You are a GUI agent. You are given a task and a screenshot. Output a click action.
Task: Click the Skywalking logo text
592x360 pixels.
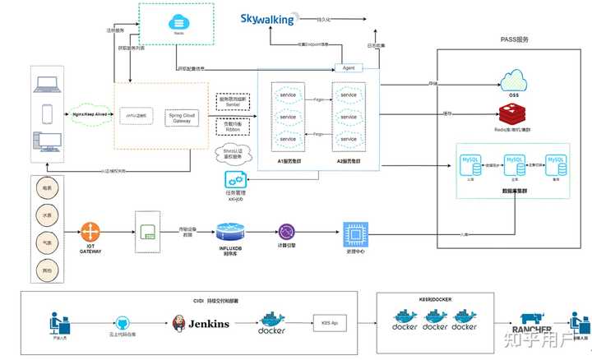267,19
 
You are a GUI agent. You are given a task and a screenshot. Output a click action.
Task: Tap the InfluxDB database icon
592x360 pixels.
230,231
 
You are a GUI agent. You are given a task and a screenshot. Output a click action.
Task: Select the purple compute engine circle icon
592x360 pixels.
287,232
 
